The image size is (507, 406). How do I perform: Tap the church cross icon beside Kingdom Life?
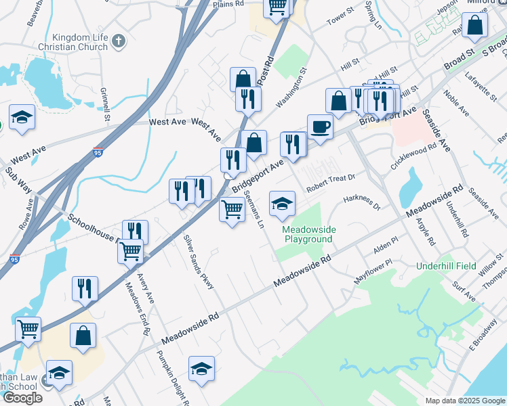click(119, 41)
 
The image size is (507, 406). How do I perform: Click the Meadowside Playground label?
click(308, 235)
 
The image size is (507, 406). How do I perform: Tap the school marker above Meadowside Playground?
click(283, 204)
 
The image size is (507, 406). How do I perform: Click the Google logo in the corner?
click(22, 398)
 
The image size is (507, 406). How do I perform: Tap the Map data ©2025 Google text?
click(465, 401)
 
